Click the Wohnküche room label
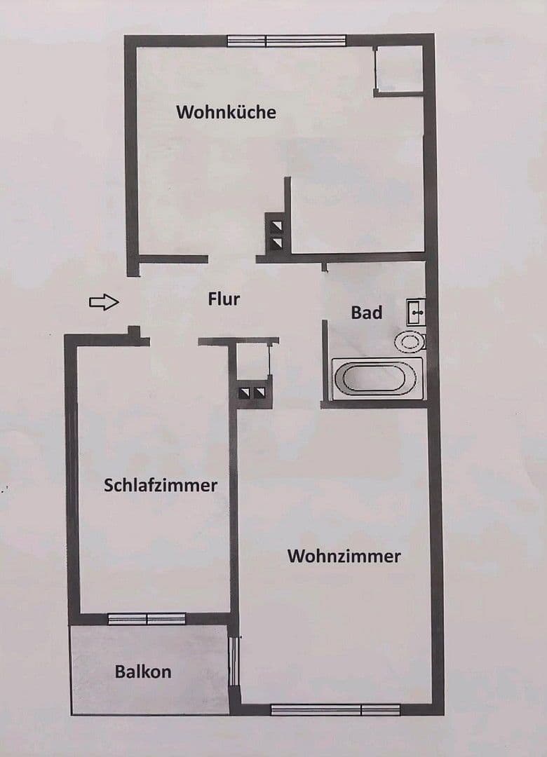coord(226,111)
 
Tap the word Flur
coord(224,299)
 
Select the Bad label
coord(367,313)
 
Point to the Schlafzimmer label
coord(161,485)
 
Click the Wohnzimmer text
coord(344,557)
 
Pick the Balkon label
coord(143,671)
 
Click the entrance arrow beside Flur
coord(104,302)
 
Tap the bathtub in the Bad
coord(374,377)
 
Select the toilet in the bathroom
coord(410,341)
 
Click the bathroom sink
coord(415,310)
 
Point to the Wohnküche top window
coord(287,41)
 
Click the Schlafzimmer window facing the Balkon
coord(147,619)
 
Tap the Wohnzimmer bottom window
coord(335,709)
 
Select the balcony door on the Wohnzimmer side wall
coord(234,662)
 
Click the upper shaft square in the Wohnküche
coord(277,226)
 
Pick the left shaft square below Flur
coord(245,393)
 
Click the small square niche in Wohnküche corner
coord(398,69)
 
